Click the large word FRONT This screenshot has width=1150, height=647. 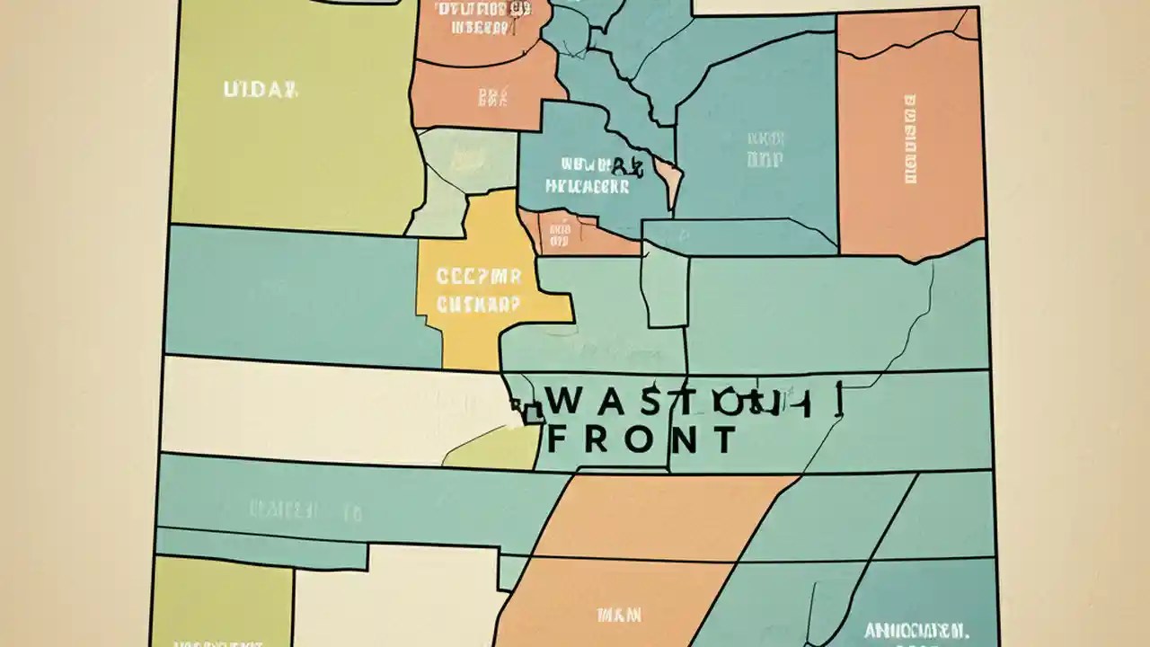coord(641,441)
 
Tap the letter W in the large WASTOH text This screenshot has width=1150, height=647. coord(567,402)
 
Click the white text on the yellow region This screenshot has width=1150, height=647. coord(478,289)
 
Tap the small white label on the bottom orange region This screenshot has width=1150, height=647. coord(619,616)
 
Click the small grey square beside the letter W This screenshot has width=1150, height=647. coord(532,412)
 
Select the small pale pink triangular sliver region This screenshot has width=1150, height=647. coord(670,181)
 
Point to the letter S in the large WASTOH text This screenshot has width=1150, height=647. coord(650,402)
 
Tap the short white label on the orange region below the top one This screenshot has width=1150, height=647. coord(493,96)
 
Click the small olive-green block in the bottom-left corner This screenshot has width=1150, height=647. coord(220,602)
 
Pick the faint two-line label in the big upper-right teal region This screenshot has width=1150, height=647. coord(765,149)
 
